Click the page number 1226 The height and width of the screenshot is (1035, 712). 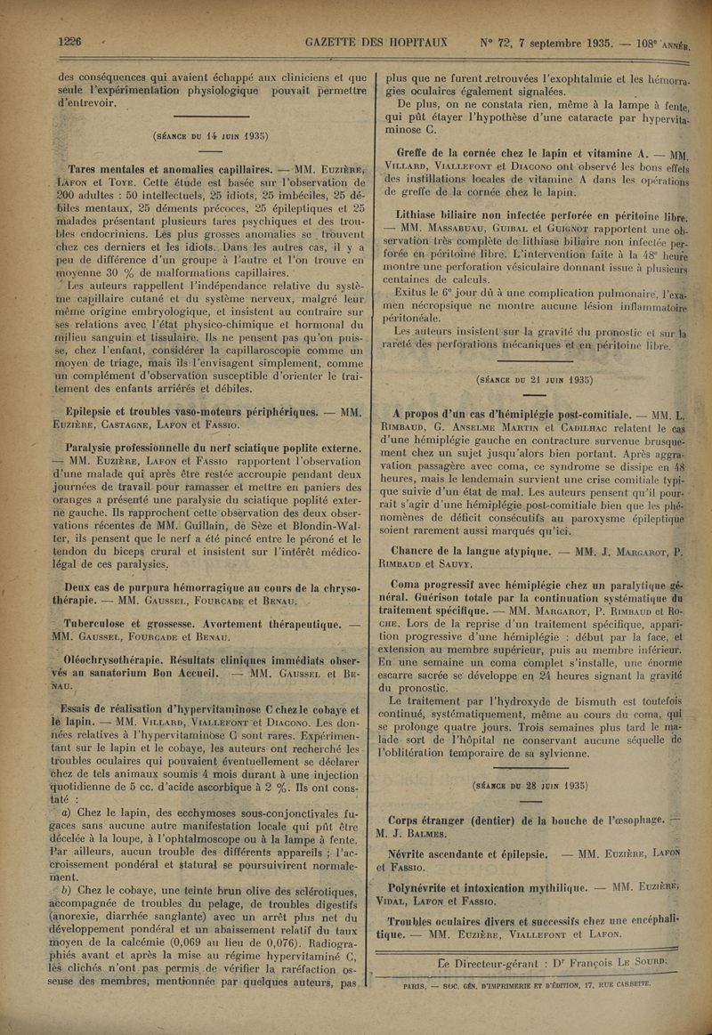click(x=69, y=41)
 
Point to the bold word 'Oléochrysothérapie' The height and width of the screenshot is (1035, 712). click(x=112, y=659)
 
